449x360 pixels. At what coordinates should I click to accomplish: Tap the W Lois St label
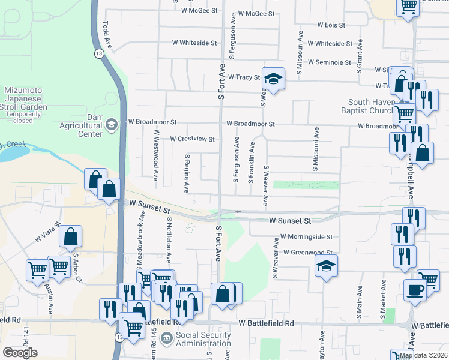click(331, 25)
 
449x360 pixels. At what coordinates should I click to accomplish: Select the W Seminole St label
click(329, 62)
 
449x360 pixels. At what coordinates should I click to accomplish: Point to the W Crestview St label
click(192, 139)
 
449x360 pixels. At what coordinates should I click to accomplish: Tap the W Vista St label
click(49, 231)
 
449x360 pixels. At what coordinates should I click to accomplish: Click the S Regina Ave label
click(187, 173)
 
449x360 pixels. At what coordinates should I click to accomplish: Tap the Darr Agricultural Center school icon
click(111, 125)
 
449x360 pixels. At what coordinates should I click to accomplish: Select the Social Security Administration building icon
click(166, 339)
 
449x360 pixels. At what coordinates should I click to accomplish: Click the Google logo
click(20, 352)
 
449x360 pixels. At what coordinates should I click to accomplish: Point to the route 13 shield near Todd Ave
click(97, 54)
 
